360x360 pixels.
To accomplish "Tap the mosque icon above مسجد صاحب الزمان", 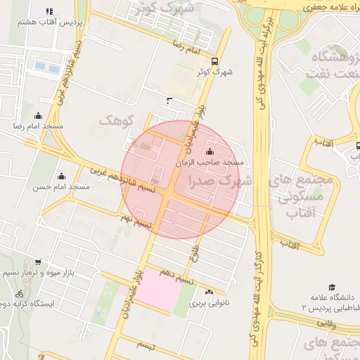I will [210, 152].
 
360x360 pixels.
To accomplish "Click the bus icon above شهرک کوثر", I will [215, 60].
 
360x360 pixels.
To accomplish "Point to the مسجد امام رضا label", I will [39, 125].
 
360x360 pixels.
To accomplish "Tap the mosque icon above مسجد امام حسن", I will [61, 176].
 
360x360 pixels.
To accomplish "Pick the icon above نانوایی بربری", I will [208, 292].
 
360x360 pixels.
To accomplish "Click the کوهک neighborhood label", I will [116, 120].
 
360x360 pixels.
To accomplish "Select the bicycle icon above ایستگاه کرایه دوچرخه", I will [18, 293].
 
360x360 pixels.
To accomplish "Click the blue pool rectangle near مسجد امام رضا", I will [47, 67].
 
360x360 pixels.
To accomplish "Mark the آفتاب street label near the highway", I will [290, 245].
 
